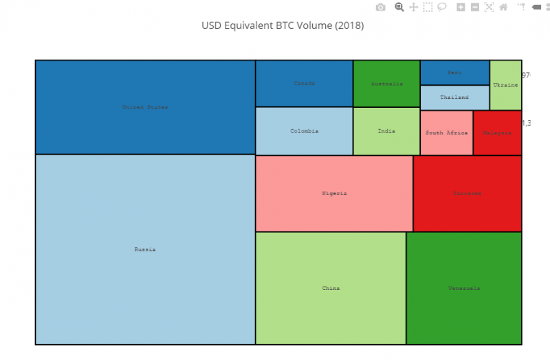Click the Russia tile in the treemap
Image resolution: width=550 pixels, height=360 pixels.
point(145,249)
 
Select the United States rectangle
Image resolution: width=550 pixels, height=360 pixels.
point(145,107)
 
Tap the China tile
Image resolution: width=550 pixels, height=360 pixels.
point(331,288)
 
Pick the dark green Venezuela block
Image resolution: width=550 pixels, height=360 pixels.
point(464,288)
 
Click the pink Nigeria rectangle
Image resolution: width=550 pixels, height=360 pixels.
point(334,193)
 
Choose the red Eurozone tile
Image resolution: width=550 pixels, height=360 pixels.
point(467,193)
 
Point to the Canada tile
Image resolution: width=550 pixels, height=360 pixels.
point(305,83)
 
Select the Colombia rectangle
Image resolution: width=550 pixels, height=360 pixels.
point(305,131)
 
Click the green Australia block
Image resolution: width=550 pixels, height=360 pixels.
point(386,83)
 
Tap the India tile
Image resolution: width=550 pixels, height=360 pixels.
point(386,131)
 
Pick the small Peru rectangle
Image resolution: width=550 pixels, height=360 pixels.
point(454,72)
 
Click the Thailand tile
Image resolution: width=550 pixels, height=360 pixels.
point(454,98)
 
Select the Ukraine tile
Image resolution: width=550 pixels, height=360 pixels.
point(505,85)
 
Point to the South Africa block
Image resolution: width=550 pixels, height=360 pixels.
point(446,133)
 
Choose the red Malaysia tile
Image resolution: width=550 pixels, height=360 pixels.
point(497,133)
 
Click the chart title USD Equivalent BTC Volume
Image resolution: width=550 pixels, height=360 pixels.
point(282,26)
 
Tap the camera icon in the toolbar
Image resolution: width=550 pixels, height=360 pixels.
point(381,8)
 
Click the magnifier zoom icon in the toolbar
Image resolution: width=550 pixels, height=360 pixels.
point(399,8)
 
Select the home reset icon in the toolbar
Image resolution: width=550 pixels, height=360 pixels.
point(503,8)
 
